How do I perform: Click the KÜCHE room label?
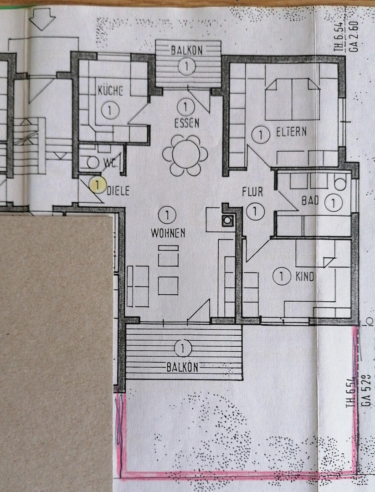tap(110, 91)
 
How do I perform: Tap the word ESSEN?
tap(187, 123)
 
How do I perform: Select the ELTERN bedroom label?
tap(291, 132)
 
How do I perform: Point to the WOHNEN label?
tap(168, 233)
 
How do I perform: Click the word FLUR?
tap(252, 192)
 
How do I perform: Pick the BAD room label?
tap(310, 201)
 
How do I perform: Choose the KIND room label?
tap(305, 277)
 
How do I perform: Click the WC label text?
tap(111, 163)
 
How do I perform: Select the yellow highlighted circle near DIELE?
tap(97, 184)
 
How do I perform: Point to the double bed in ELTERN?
tap(292, 99)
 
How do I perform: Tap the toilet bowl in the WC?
tap(92, 162)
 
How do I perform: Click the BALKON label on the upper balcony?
tap(187, 50)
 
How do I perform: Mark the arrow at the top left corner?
tap(42, 19)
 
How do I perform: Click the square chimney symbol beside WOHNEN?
tap(227, 220)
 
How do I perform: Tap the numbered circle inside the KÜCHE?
tap(110, 110)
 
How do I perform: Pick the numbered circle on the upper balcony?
tap(186, 66)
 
